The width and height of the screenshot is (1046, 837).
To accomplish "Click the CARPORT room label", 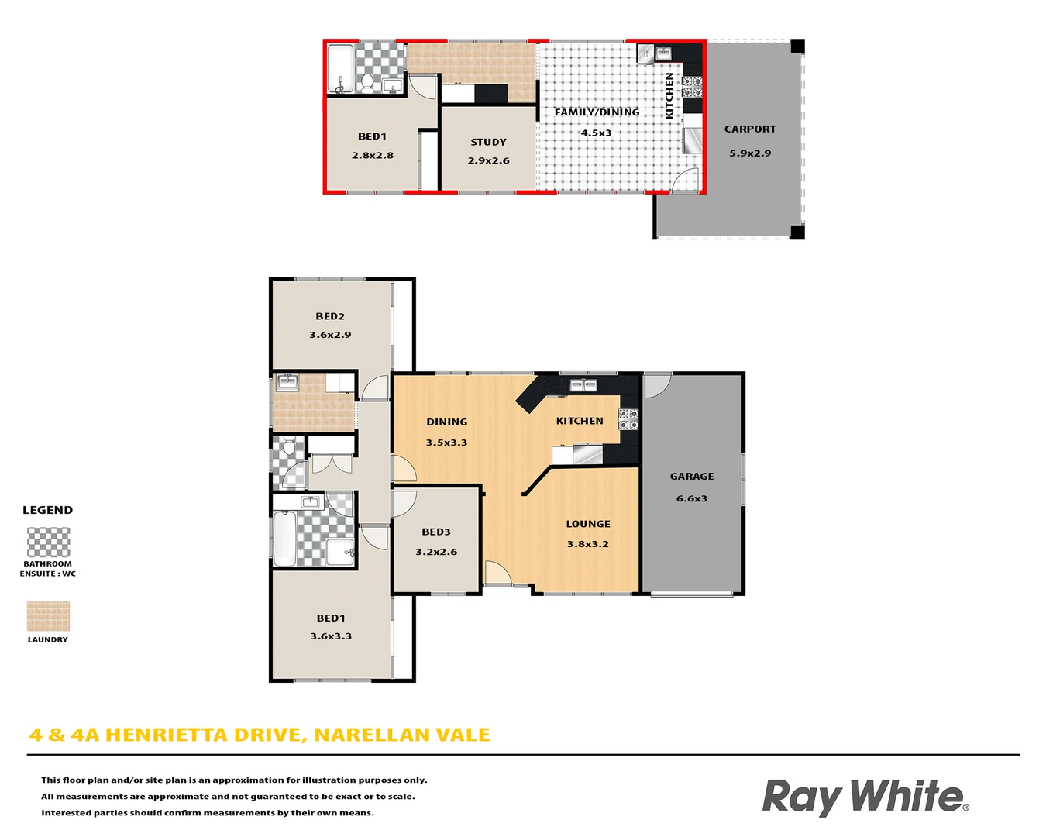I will click(x=749, y=129).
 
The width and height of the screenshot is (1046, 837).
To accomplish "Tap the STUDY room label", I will click(x=488, y=142).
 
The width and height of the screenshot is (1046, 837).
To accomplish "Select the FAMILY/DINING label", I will click(x=597, y=112).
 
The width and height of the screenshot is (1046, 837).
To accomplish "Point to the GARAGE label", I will click(x=692, y=477).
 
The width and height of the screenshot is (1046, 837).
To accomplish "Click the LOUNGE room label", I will click(x=588, y=524).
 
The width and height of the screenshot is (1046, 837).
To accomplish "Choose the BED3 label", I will click(x=436, y=532).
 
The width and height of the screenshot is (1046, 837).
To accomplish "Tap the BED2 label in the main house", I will click(x=330, y=316).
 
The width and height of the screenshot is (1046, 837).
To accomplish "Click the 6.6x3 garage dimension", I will click(x=692, y=498).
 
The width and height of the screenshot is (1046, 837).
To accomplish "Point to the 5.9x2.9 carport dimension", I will click(x=750, y=153).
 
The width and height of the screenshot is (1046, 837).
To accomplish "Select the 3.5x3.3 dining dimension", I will click(x=446, y=443).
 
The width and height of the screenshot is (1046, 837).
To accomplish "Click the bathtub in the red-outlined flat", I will click(x=339, y=67).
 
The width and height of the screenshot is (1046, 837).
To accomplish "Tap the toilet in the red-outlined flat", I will click(x=366, y=82).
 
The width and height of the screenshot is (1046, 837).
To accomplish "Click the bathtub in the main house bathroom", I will click(x=284, y=539).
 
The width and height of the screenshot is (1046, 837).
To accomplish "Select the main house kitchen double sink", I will click(x=583, y=385).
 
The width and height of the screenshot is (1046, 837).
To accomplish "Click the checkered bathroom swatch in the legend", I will click(x=48, y=542).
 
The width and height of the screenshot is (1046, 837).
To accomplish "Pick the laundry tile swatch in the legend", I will click(x=48, y=617).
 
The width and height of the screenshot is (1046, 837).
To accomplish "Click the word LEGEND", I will click(x=47, y=510).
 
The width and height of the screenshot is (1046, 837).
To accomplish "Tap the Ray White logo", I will click(x=865, y=797).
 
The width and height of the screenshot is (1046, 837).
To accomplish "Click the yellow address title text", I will click(x=260, y=735).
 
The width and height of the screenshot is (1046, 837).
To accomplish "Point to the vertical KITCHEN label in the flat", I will click(x=669, y=95).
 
